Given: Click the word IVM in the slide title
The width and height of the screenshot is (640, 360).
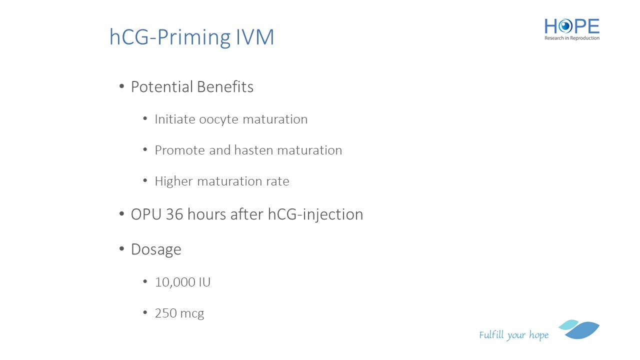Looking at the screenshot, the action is (x=255, y=37).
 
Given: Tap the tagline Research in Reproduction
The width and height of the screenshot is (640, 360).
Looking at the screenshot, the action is (x=571, y=38).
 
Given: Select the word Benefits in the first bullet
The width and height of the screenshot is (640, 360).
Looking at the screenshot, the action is (x=225, y=87).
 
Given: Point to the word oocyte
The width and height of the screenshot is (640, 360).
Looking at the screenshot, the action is (x=219, y=119).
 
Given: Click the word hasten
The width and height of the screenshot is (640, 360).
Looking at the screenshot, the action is (x=253, y=150).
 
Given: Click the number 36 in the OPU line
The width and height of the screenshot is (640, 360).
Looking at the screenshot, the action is (x=174, y=214).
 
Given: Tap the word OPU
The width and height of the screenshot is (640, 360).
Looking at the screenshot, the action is (x=146, y=214).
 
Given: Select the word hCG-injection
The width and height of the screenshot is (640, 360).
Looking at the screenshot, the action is (x=315, y=215).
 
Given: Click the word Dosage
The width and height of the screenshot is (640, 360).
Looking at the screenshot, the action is (x=156, y=249).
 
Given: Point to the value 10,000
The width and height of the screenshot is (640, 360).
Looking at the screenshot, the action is (x=175, y=282).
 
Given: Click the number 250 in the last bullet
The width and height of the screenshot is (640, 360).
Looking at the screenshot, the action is (x=165, y=313).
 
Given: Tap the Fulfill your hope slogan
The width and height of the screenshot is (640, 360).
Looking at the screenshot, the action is (x=513, y=335).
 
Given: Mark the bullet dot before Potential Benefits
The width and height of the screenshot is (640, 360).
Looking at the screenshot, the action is (x=121, y=86).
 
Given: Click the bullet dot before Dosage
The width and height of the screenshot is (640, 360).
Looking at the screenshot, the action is (x=121, y=249).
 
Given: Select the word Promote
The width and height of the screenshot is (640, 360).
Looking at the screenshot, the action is (x=179, y=150).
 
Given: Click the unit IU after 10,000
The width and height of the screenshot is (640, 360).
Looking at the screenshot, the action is (x=204, y=282).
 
